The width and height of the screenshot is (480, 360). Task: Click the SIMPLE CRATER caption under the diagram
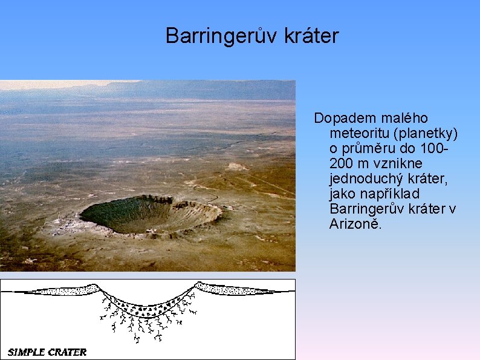click(x=47, y=352)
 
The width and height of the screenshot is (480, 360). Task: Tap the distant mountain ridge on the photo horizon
click(x=181, y=89)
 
